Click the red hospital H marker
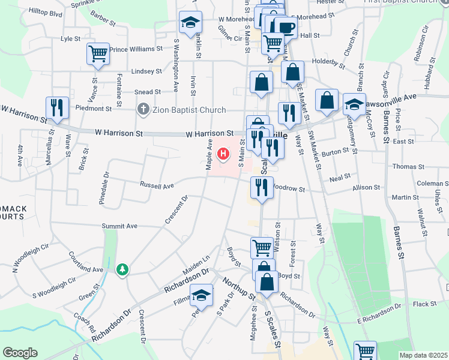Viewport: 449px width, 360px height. click(224, 155)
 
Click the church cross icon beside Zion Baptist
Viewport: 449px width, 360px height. click(142, 110)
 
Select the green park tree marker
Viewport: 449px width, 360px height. click(122, 269)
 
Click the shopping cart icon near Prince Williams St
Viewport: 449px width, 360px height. click(97, 53)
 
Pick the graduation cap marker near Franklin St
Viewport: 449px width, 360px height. click(190, 23)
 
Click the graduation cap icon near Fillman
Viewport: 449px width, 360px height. click(202, 295)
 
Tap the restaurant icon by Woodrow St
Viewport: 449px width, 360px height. click(262, 187)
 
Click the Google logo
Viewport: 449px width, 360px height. click(20, 353)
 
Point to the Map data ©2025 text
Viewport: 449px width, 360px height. click(424, 355)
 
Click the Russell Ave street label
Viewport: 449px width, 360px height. click(157, 186)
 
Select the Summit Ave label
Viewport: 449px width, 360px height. click(119, 226)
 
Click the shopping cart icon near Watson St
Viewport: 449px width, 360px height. click(262, 247)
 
